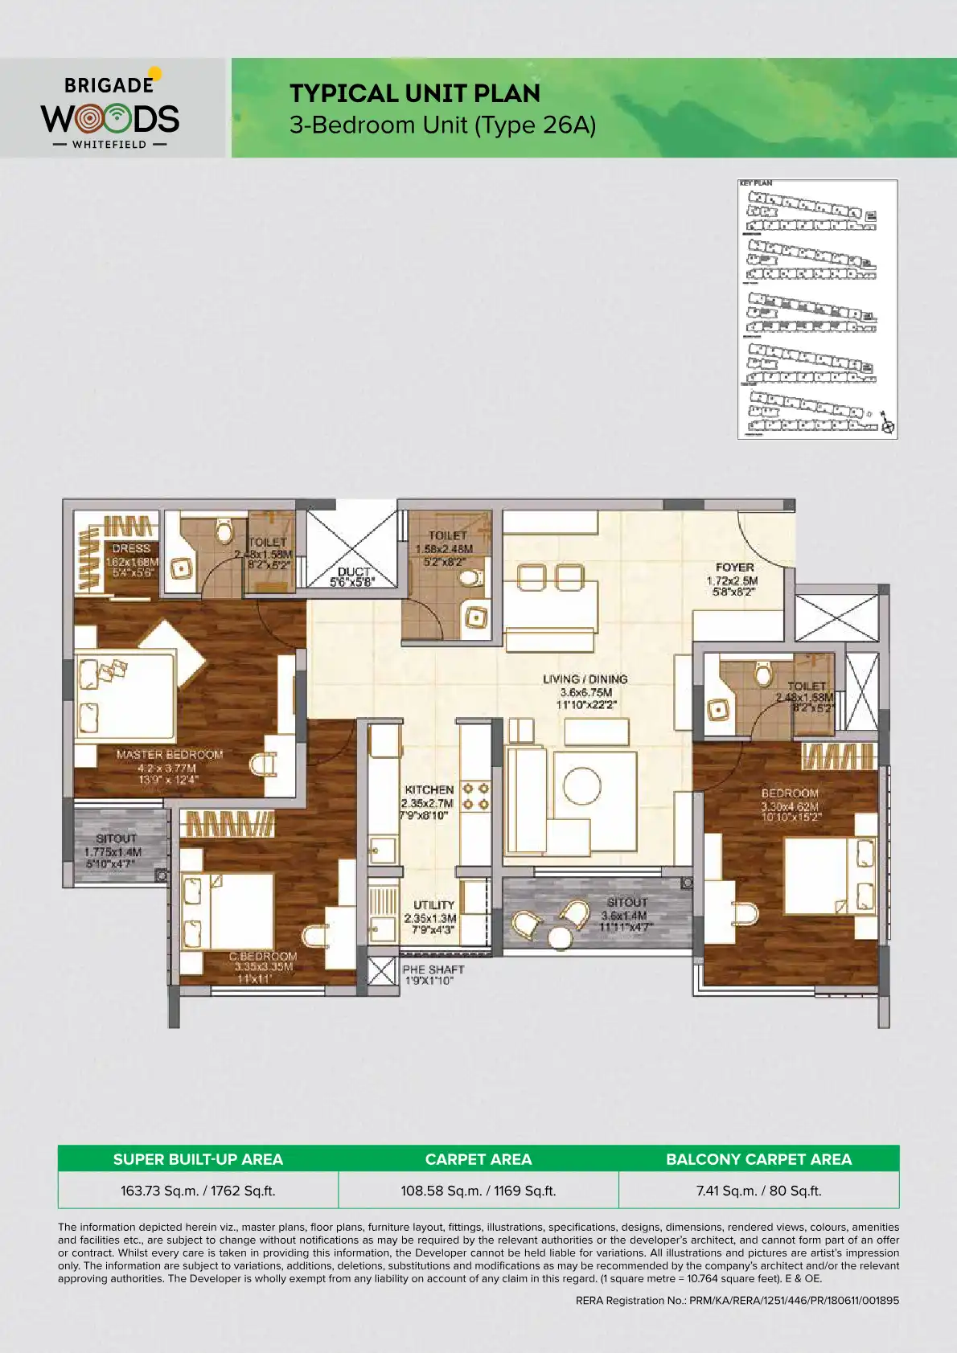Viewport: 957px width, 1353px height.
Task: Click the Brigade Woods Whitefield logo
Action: click(x=110, y=110)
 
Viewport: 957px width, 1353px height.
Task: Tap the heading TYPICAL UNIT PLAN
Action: click(x=415, y=93)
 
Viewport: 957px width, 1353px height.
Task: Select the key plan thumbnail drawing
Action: click(x=817, y=310)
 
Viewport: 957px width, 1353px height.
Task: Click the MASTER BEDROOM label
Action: click(x=169, y=755)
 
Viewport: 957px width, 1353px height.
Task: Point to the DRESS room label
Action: click(x=131, y=548)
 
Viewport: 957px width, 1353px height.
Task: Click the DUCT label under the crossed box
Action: click(x=354, y=572)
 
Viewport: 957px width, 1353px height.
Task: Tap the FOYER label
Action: click(x=734, y=568)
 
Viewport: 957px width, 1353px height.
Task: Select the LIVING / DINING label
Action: click(x=585, y=679)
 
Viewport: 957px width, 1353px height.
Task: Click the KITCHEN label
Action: click(x=429, y=790)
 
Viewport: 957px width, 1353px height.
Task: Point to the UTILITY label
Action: click(x=433, y=905)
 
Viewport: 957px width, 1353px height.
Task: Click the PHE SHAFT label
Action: click(x=433, y=970)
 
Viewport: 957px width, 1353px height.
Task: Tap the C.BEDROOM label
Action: click(x=263, y=957)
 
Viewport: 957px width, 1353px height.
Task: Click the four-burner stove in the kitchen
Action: click(x=475, y=797)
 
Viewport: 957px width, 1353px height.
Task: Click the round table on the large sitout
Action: click(x=560, y=937)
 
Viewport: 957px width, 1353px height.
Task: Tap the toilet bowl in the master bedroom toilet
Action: click(x=224, y=531)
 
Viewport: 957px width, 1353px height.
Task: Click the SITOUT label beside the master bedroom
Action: click(x=116, y=838)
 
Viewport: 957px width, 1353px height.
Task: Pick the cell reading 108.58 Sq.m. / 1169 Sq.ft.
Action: click(x=478, y=1191)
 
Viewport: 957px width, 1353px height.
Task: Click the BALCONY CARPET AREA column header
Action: click(x=758, y=1159)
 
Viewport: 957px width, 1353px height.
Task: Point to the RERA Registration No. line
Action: click(x=737, y=1300)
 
